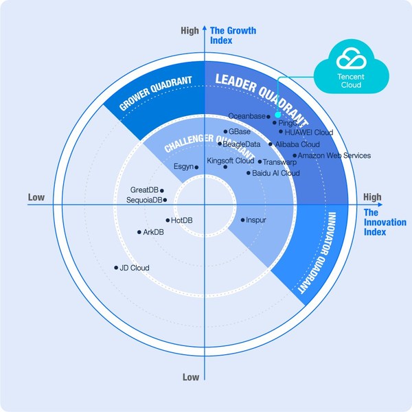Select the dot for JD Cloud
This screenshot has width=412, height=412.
[116, 268]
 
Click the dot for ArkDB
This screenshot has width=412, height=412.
[139, 233]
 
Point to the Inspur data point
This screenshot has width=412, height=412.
[243, 220]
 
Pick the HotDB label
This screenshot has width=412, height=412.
[182, 220]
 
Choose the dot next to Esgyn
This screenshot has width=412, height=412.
[196, 167]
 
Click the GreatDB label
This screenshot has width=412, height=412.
[144, 190]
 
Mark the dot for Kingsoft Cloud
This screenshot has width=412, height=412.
[225, 167]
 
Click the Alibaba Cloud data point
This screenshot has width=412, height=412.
[270, 145]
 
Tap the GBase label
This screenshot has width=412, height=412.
[240, 131]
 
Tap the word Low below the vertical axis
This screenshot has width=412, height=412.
[191, 377]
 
